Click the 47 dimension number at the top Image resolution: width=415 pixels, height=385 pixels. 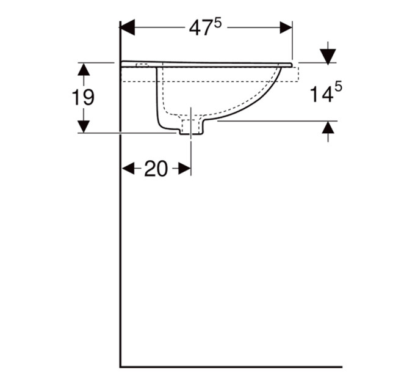(201, 28)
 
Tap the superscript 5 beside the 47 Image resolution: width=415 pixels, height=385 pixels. (217, 24)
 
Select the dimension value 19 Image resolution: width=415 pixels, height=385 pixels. (83, 98)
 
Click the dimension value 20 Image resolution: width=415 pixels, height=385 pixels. (156, 169)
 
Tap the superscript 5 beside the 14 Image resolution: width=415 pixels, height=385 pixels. (338, 87)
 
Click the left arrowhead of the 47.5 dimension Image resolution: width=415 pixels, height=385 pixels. (128, 28)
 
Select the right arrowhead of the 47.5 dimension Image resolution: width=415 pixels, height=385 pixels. (286, 28)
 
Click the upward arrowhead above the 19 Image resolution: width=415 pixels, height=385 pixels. (84, 70)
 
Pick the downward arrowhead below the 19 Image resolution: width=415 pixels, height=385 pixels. (84, 127)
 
